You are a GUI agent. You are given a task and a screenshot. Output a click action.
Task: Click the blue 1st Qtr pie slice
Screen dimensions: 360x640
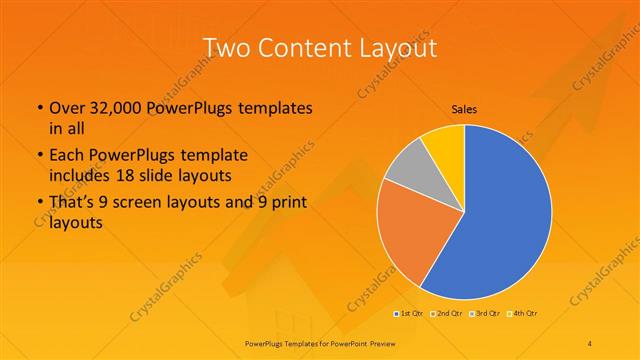point(500,220)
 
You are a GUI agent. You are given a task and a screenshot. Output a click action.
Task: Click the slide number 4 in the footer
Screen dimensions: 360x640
point(591,342)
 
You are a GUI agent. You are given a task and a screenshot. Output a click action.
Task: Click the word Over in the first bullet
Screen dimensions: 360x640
point(66,107)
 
